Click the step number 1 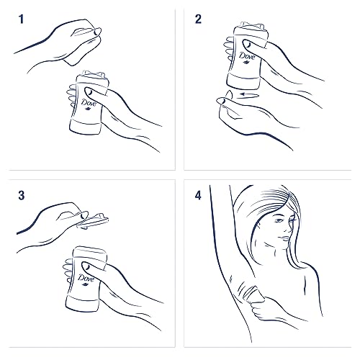[x=22, y=19]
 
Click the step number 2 [x=198, y=19]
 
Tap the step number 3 [x=22, y=195]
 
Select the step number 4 [x=198, y=195]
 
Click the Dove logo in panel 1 [x=89, y=104]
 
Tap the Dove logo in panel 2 [x=247, y=58]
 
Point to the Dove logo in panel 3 [x=86, y=279]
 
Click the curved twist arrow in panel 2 [x=250, y=94]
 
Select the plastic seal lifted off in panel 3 [x=92, y=222]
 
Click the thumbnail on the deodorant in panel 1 [x=89, y=91]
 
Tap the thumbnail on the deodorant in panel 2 [x=247, y=45]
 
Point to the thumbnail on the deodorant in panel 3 [x=86, y=266]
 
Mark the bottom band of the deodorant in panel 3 [x=82, y=303]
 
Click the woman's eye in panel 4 [x=279, y=220]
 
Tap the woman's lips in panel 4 [x=284, y=238]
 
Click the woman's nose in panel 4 [x=287, y=228]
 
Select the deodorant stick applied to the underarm [x=254, y=294]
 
